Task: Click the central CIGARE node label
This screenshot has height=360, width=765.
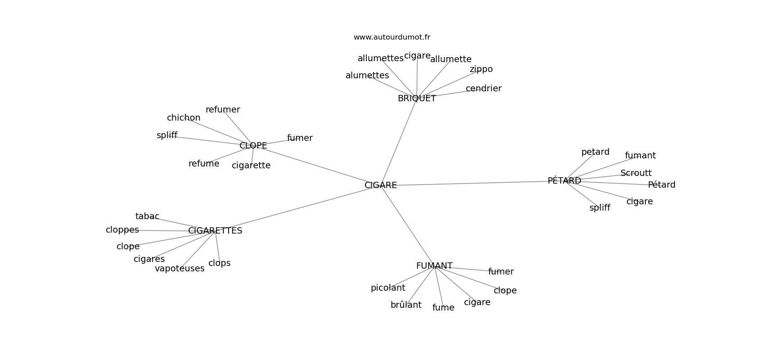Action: (x=380, y=185)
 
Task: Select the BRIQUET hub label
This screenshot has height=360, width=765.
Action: (x=417, y=99)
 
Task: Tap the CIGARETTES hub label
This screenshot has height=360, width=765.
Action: (x=215, y=230)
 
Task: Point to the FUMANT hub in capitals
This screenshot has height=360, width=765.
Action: (x=434, y=266)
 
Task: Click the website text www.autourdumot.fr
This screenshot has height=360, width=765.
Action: (x=391, y=37)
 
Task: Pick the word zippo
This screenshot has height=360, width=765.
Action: (x=481, y=69)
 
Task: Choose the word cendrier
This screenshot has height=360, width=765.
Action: (x=484, y=88)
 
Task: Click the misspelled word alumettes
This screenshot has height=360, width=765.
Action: (x=367, y=75)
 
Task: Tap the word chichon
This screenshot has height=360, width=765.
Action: (x=184, y=117)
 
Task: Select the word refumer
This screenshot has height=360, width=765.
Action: (x=223, y=109)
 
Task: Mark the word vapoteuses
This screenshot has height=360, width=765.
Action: (x=180, y=269)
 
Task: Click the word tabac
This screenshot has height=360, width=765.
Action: (x=147, y=216)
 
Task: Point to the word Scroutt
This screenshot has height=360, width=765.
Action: (x=636, y=173)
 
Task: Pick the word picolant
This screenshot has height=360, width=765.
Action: (x=388, y=288)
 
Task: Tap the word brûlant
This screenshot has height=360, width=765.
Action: (x=406, y=305)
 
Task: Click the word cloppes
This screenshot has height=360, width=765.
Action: (x=122, y=230)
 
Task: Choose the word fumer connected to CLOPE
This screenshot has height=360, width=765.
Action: (x=300, y=138)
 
